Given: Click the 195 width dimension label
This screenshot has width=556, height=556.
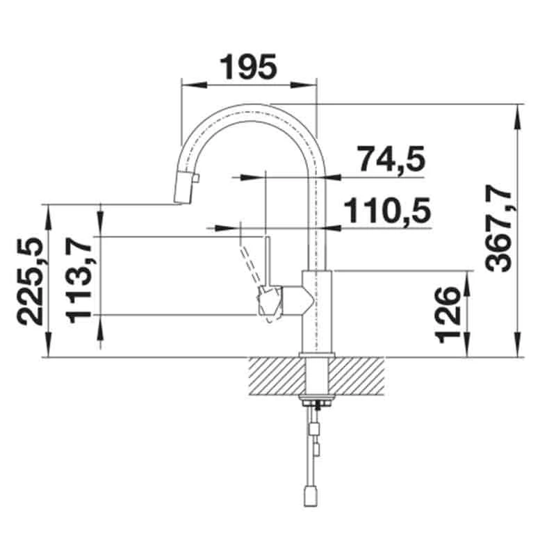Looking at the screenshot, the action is [248, 67].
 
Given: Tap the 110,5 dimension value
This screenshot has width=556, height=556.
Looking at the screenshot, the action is [388, 210].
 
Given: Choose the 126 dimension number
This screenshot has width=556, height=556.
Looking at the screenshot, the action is [448, 315].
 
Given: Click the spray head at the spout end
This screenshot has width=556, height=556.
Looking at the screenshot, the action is [183, 188].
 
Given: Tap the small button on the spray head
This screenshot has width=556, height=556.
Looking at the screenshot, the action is [196, 178].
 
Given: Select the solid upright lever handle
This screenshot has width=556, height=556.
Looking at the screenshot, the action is [268, 263].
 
